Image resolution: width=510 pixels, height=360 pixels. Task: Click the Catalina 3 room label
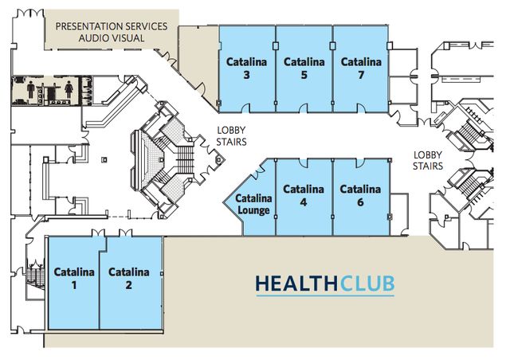coord(246,68)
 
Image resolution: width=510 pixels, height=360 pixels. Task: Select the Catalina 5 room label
coord(304,68)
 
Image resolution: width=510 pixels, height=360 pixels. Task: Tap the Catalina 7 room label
coord(361,68)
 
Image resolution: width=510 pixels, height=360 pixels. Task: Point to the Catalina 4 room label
coord(304,195)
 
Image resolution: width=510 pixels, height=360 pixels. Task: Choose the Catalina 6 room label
coord(360,195)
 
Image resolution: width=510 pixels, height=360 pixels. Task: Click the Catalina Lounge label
coord(253,204)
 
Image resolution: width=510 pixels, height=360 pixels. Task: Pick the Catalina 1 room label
coord(74,279)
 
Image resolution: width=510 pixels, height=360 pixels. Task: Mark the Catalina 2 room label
coord(129,279)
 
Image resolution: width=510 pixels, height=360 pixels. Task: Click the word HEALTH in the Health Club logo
coord(297,284)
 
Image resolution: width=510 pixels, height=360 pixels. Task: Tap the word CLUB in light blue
coord(367,284)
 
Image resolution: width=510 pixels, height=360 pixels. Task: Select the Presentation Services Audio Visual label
coord(112,32)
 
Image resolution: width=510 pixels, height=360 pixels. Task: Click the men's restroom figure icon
coord(31,90)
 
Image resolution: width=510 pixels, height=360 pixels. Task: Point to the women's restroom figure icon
coord(69,90)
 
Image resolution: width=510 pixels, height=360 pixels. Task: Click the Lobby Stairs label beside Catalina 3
coord(231,136)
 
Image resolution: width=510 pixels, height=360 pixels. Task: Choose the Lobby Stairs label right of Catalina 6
coord(428,161)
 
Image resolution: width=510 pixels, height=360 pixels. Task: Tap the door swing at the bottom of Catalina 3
coord(246,108)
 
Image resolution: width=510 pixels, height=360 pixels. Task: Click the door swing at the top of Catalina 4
coord(303,163)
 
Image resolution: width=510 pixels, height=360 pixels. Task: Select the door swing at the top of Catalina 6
coord(360,163)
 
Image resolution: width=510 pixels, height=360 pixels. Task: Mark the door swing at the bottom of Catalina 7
coord(361,108)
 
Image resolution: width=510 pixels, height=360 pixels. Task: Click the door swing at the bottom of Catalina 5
coord(304,108)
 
